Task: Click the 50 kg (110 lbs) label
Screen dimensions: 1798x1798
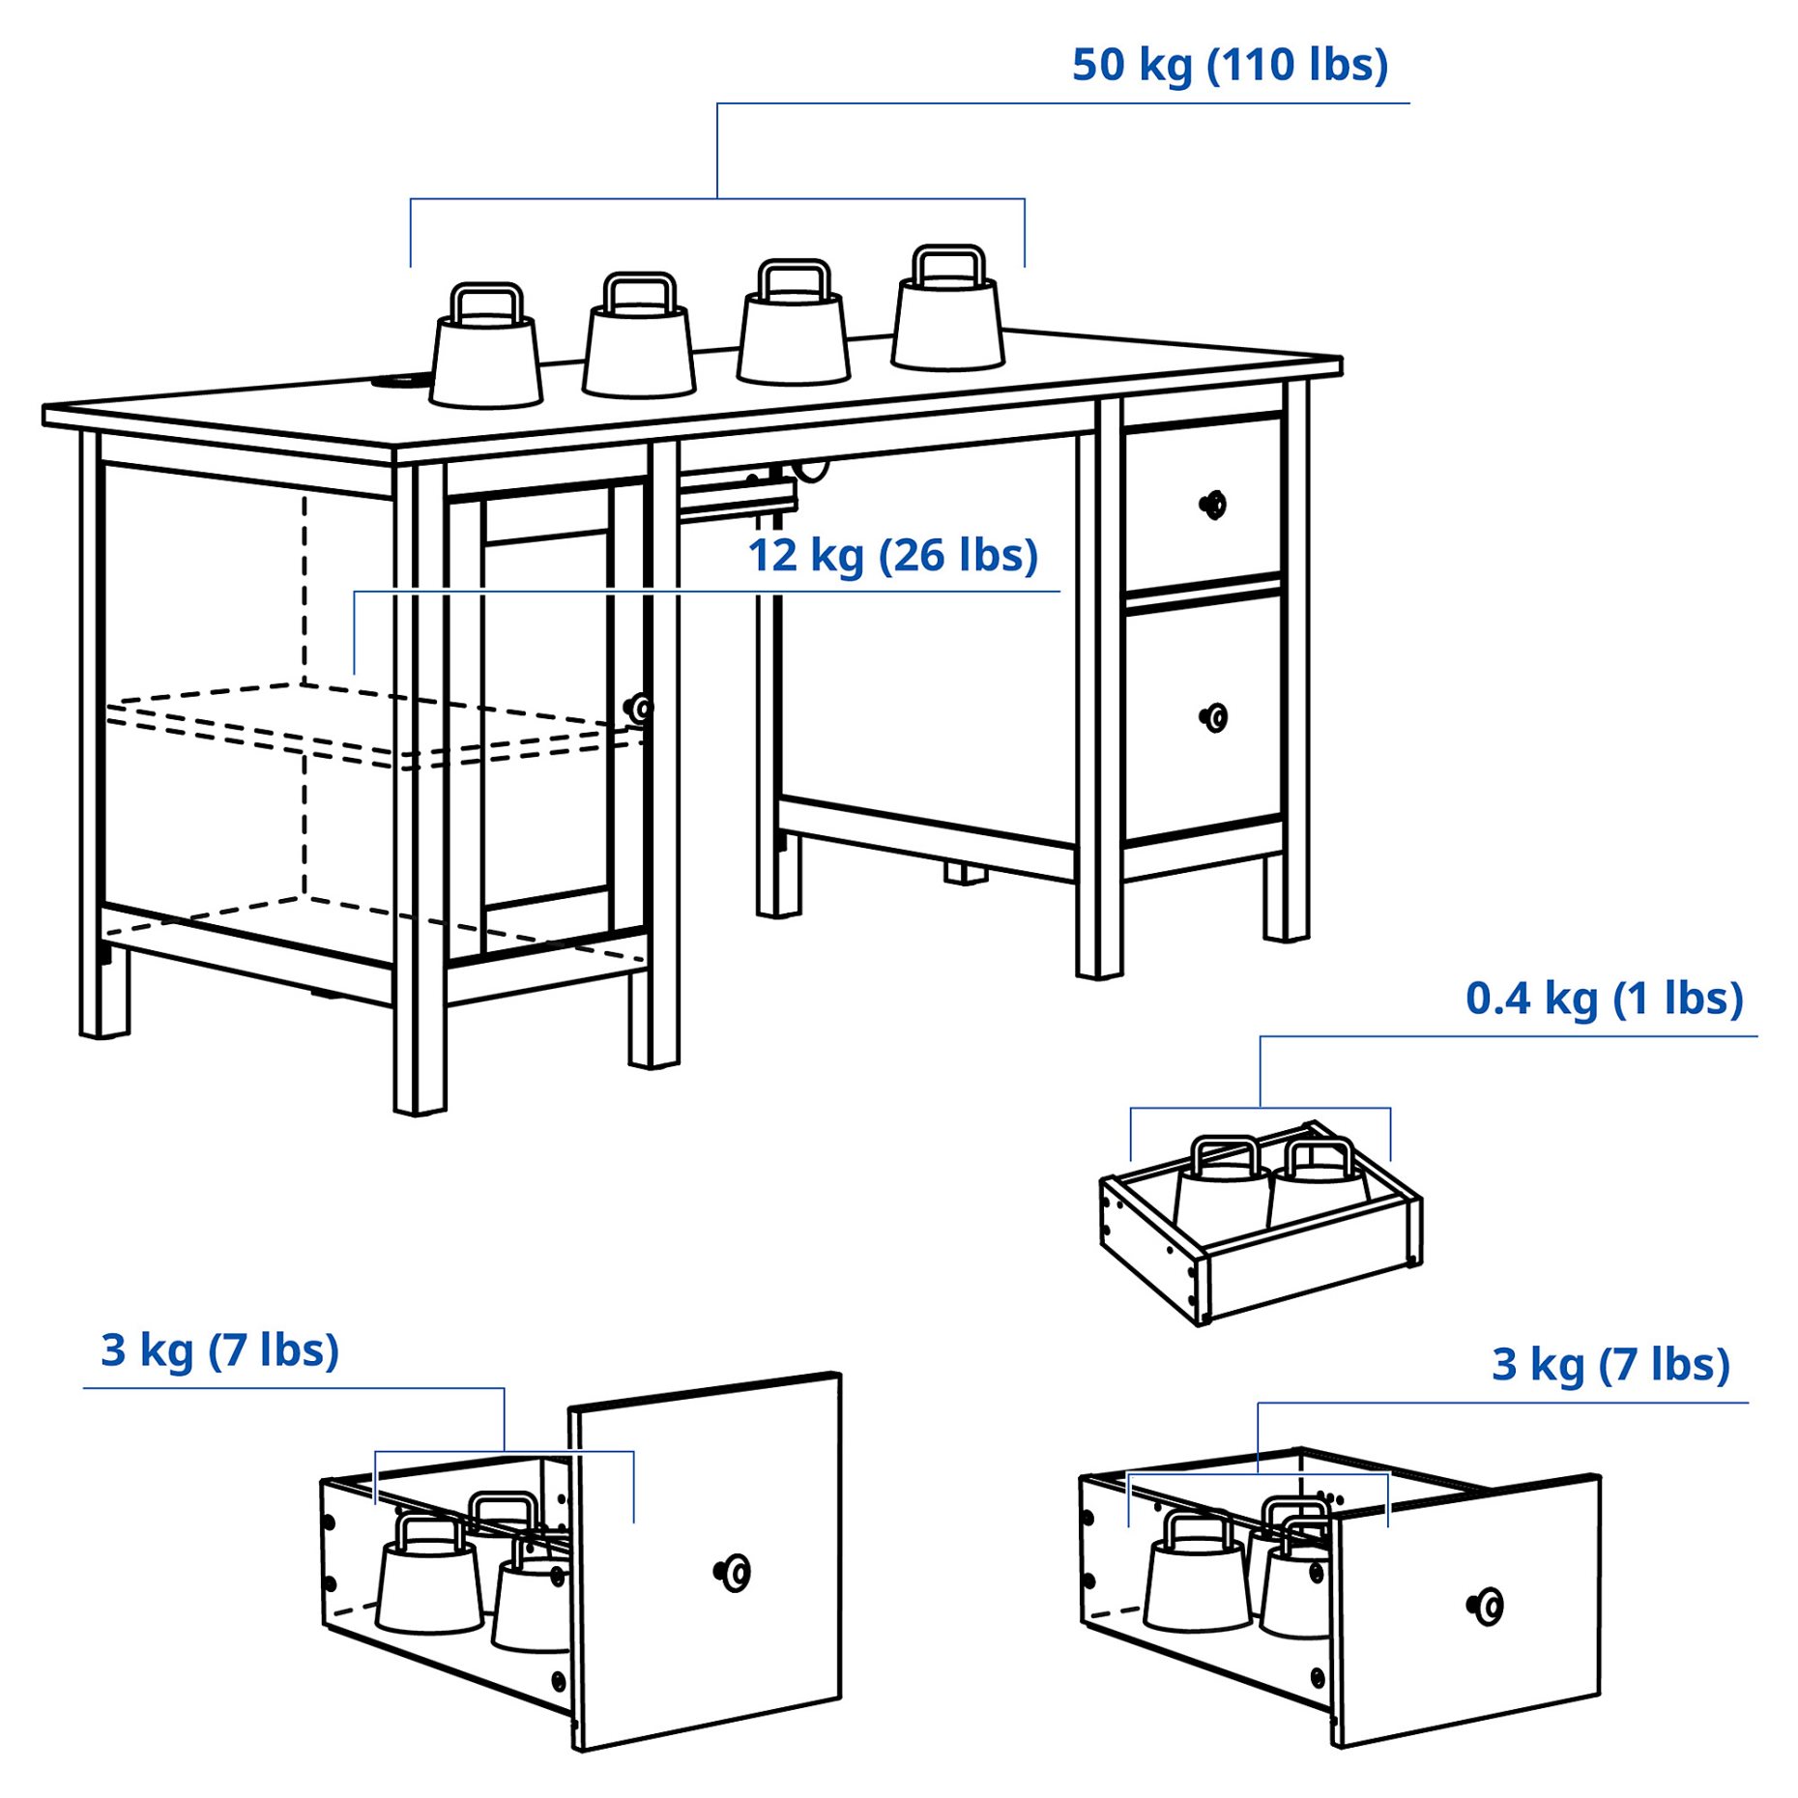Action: pyautogui.click(x=1229, y=66)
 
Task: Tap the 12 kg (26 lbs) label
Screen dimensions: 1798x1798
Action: pyautogui.click(x=892, y=556)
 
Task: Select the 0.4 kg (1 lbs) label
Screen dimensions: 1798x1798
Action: pyautogui.click(x=1603, y=999)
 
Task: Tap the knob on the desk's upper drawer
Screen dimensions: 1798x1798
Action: pyautogui.click(x=1212, y=505)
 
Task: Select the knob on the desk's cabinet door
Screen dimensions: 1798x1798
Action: pyautogui.click(x=638, y=709)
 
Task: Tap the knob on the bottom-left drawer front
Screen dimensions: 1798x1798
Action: pyautogui.click(x=734, y=1573)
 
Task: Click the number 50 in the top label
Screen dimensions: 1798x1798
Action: pyautogui.click(x=1099, y=66)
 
